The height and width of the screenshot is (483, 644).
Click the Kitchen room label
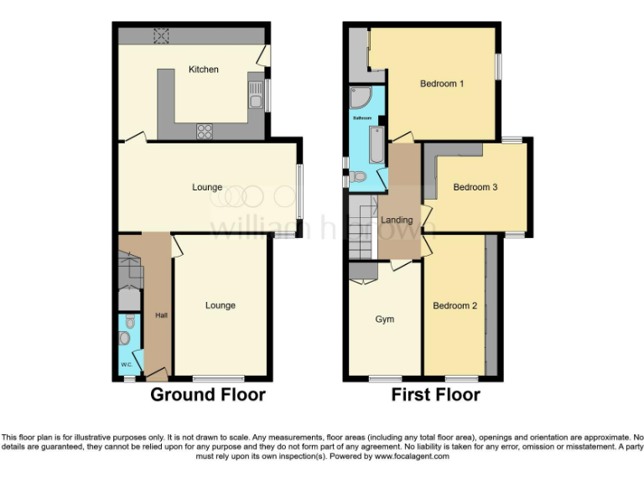click(203, 70)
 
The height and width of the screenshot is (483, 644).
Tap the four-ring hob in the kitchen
click(204, 130)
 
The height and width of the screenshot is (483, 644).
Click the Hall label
click(161, 315)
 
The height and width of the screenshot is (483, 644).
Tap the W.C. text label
click(126, 364)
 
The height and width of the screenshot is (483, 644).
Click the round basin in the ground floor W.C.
click(124, 339)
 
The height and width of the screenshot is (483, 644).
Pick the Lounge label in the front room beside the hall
click(221, 305)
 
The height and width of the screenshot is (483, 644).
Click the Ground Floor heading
click(207, 394)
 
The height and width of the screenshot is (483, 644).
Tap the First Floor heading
click(436, 394)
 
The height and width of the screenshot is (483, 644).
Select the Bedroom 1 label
click(442, 84)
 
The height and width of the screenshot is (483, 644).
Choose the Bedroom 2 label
click(454, 306)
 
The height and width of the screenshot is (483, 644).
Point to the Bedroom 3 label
click(475, 187)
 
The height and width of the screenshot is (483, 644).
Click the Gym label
click(384, 319)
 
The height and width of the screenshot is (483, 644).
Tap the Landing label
click(397, 221)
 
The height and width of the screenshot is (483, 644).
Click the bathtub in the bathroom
click(377, 148)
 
